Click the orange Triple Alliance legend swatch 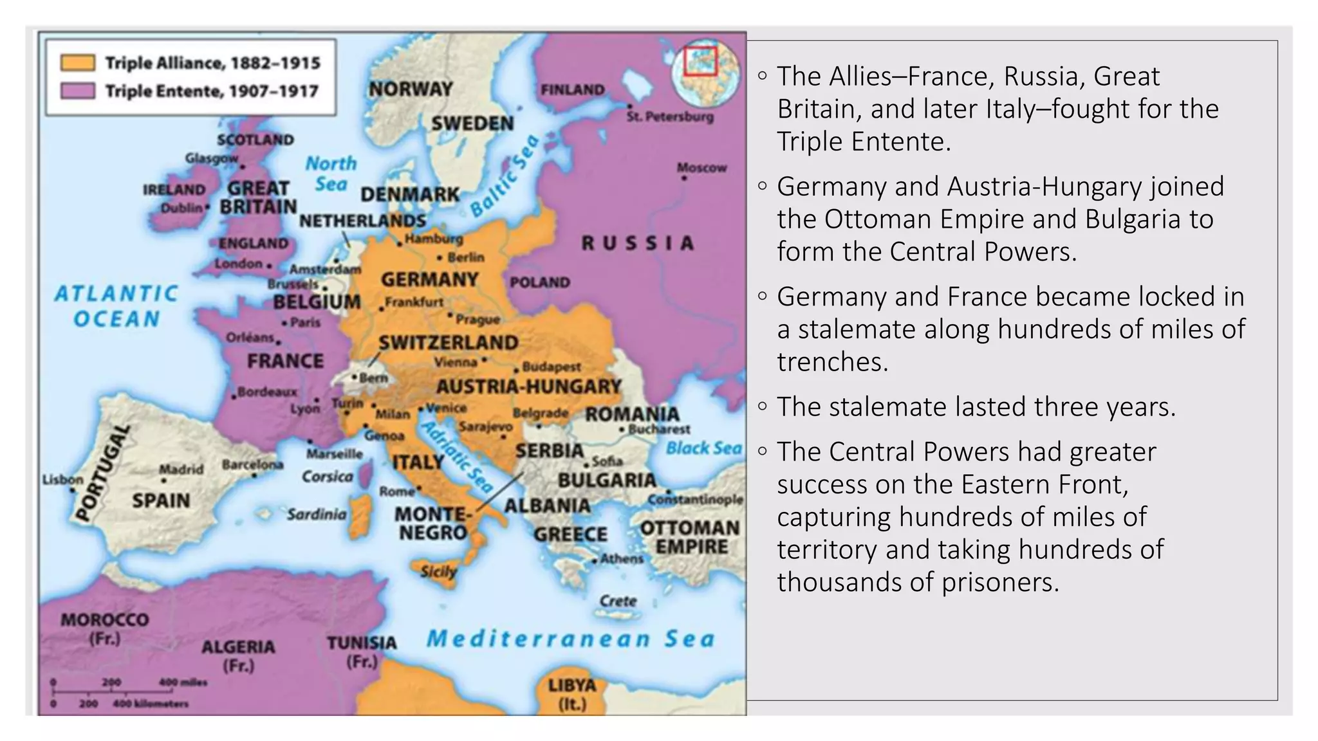(x=77, y=62)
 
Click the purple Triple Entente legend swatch (x=77, y=91)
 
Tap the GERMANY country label (x=429, y=280)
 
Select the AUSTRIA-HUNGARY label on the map (x=528, y=387)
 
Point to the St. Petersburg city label (x=670, y=117)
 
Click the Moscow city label (x=701, y=168)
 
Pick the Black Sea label (x=703, y=448)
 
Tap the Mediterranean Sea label (x=570, y=639)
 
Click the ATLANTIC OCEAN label (x=116, y=306)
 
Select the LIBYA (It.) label (x=571, y=694)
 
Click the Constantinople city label (x=695, y=500)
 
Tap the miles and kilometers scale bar (x=122, y=693)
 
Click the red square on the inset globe (x=700, y=61)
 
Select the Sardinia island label (x=316, y=515)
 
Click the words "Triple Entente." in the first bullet (x=863, y=142)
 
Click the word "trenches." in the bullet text (x=832, y=362)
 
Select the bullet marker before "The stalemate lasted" (x=763, y=407)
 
